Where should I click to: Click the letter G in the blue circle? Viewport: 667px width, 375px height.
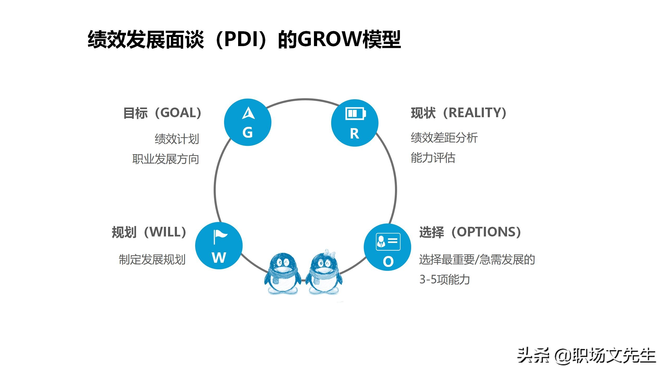point(248,133)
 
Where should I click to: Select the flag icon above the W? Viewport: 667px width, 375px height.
point(219,237)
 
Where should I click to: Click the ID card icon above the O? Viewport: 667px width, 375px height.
point(388,242)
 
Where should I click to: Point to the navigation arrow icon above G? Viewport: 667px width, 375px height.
point(248,113)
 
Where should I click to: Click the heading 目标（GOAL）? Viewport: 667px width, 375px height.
point(162,113)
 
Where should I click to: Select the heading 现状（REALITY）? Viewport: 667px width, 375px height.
point(459,113)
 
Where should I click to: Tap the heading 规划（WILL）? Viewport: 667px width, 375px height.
point(149,232)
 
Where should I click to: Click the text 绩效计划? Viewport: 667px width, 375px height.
point(177,139)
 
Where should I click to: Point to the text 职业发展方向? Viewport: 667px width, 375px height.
point(166,159)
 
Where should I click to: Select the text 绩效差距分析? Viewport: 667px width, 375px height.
point(444,138)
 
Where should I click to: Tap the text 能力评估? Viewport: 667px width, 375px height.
point(433,158)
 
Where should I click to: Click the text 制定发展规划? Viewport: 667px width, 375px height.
point(152,260)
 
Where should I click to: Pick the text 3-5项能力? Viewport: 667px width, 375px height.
point(444,280)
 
